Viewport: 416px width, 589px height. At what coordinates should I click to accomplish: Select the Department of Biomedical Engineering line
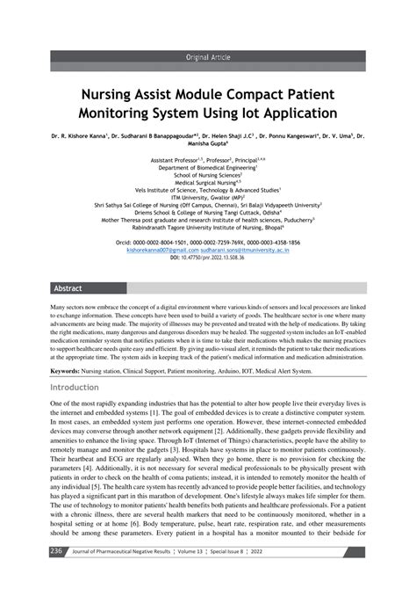click(x=214, y=167)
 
